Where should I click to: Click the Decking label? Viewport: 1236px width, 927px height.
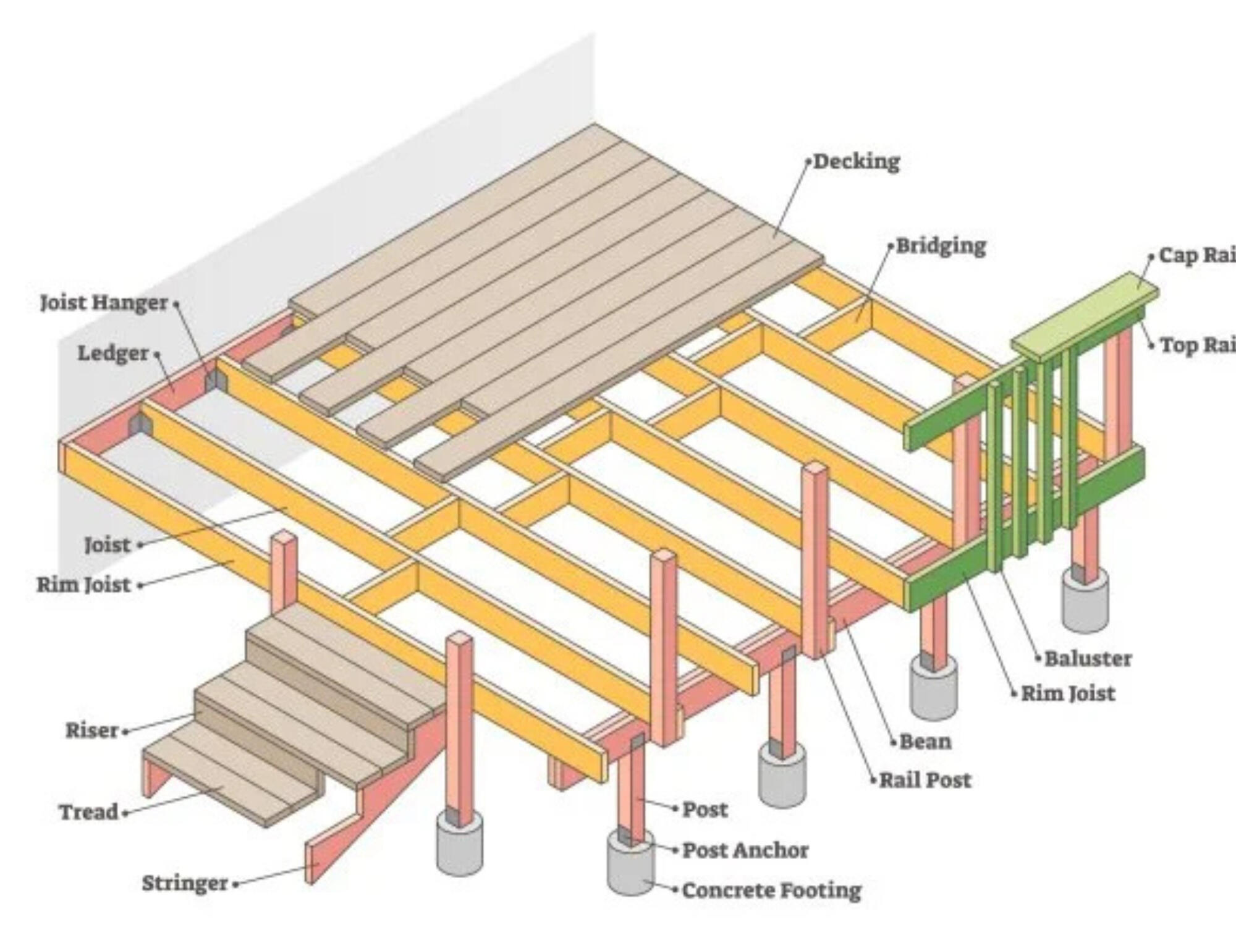pos(856,162)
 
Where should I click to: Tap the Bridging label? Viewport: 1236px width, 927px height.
pos(941,246)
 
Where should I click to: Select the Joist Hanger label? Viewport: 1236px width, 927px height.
pos(104,303)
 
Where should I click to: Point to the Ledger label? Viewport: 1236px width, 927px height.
pos(113,353)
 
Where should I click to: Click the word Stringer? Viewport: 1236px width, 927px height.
pos(185,883)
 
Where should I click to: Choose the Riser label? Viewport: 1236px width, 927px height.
pos(91,730)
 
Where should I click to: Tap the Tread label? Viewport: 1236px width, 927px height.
pos(88,812)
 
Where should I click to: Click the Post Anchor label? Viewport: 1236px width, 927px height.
pos(745,850)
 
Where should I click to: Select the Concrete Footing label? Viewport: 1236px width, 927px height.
pos(771,891)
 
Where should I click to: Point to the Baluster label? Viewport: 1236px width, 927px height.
pos(1088,659)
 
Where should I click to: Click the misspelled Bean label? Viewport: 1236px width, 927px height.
pos(925,742)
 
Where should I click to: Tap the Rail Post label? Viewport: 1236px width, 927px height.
pos(925,781)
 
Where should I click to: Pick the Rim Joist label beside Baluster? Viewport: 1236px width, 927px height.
pos(1067,693)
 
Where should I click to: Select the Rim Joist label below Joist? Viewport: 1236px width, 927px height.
pos(83,585)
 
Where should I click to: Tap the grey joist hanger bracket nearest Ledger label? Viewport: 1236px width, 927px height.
pos(214,381)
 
